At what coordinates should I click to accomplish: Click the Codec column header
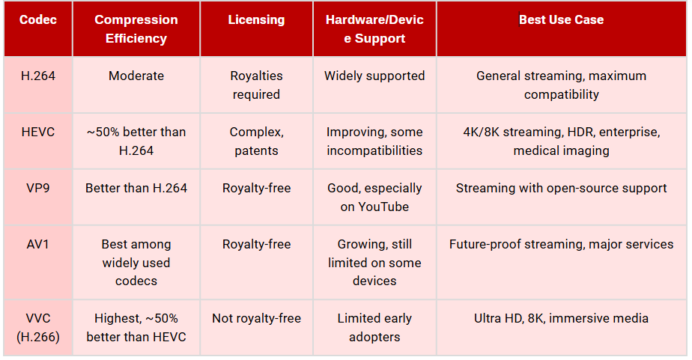37,20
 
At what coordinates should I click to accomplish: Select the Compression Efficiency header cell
136,29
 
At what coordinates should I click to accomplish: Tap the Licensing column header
256,20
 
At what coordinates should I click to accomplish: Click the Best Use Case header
561,20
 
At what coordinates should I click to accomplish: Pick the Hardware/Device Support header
374,29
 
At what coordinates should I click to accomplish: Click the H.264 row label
37,76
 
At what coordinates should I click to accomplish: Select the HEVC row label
37,132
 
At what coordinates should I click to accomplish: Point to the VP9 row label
37,188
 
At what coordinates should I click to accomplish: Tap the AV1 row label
37,244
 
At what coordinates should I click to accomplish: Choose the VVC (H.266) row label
37,328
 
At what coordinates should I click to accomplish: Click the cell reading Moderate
136,76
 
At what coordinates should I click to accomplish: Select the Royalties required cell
256,85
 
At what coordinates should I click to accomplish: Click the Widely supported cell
374,76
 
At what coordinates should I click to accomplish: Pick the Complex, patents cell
256,141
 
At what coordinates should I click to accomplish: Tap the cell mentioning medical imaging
561,141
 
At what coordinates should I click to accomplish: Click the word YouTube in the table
374,207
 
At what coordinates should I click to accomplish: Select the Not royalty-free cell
256,318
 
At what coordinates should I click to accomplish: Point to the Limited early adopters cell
374,328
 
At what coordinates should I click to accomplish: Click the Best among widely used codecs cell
136,263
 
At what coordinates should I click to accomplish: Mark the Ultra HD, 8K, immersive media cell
561,318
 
